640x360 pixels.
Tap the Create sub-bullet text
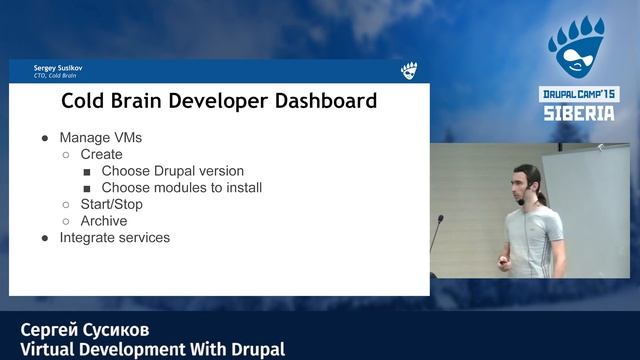pyautogui.click(x=101, y=155)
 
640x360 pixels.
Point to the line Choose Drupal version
pyautogui.click(x=172, y=171)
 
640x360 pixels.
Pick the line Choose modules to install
pyautogui.click(x=181, y=187)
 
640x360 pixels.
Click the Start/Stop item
pyautogui.click(x=111, y=204)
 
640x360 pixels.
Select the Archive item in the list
pyautogui.click(x=103, y=221)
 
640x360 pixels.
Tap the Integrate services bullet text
pyautogui.click(x=114, y=238)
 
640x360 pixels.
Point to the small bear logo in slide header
pyautogui.click(x=408, y=71)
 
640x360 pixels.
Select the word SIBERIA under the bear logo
pyautogui.click(x=579, y=113)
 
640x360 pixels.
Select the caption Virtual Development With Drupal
pyautogui.click(x=152, y=349)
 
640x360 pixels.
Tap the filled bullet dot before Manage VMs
pyautogui.click(x=45, y=138)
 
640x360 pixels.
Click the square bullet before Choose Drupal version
pyautogui.click(x=87, y=171)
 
